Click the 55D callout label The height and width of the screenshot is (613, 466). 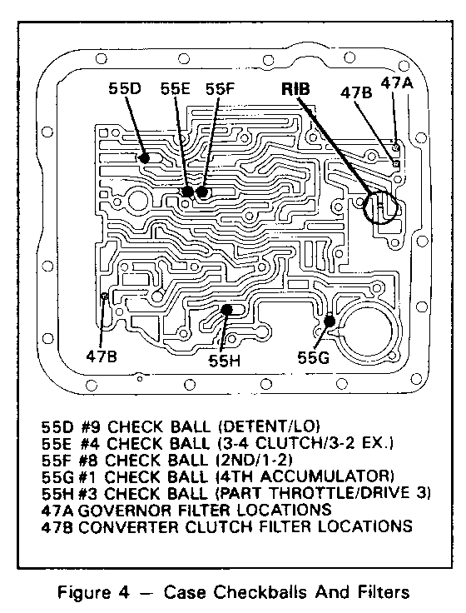[125, 89]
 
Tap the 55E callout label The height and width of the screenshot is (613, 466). [176, 89]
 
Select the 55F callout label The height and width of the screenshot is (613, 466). [220, 89]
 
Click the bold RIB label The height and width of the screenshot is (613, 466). [295, 89]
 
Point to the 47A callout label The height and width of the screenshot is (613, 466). [396, 83]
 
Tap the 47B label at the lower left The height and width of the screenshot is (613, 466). [102, 356]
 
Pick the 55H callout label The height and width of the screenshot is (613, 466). [224, 361]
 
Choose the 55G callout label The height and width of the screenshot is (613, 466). [313, 357]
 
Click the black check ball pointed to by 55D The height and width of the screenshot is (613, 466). [144, 158]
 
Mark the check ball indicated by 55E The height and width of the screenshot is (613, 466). [187, 192]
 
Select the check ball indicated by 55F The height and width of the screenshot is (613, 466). [201, 192]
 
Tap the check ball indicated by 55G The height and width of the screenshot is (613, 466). [330, 321]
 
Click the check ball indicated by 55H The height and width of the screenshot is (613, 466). [226, 310]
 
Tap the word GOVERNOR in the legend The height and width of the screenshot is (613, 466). [125, 510]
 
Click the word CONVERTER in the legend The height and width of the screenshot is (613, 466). [129, 526]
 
